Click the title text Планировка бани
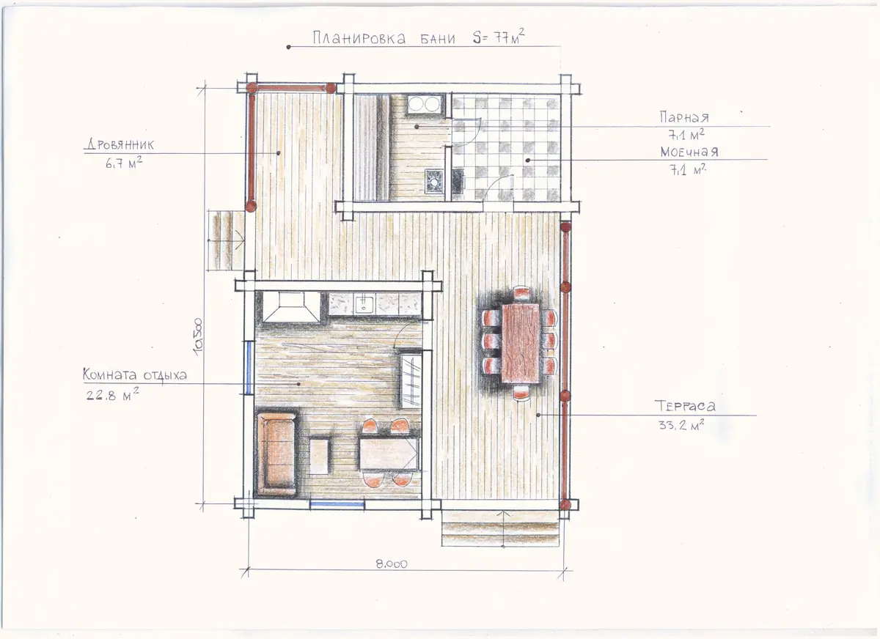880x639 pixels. (x=384, y=38)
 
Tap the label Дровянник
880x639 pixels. (x=120, y=145)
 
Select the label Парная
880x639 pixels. (x=684, y=117)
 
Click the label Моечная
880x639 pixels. (x=689, y=152)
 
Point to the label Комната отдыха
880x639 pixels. (x=135, y=374)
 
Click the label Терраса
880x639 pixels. (x=685, y=406)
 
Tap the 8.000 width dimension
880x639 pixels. (x=392, y=564)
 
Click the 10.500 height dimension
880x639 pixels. (x=198, y=337)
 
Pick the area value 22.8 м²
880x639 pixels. (x=112, y=394)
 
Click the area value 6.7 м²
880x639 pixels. (x=124, y=163)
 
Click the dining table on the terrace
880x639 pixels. (x=521, y=343)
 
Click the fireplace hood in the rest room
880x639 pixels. (x=291, y=307)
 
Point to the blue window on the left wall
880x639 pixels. (x=249, y=367)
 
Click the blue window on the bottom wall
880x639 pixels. (x=337, y=504)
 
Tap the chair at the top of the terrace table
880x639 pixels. (x=521, y=294)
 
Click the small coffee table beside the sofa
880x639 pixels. (x=319, y=457)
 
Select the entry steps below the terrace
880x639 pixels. (x=500, y=528)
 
